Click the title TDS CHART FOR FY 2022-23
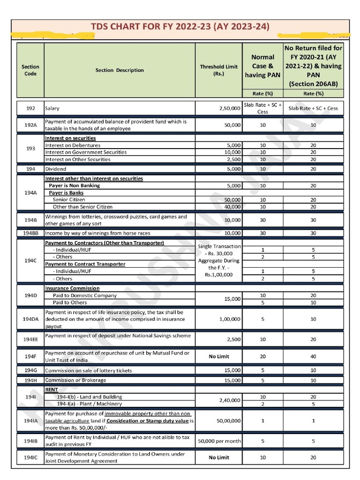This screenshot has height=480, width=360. [180, 27]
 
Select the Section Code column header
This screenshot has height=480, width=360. [30, 70]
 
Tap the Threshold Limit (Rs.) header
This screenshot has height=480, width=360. [218, 70]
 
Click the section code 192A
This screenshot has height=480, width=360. [30, 125]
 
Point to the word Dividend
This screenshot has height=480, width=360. [55, 169]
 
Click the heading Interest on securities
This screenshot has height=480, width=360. [70, 138]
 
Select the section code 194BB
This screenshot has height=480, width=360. [30, 233]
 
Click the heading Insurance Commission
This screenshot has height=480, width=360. [72, 288]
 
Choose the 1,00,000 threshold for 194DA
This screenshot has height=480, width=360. [230, 319]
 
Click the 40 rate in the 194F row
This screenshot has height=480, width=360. [313, 356]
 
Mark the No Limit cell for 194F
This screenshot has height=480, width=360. [219, 356]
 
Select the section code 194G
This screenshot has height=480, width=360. [30, 370]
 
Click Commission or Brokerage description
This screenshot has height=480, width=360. [75, 380]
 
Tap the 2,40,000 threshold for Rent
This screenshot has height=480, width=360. [230, 400]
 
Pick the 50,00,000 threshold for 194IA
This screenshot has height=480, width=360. [228, 421]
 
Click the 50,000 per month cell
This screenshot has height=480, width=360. [219, 441]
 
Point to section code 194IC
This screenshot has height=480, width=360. [30, 457]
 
